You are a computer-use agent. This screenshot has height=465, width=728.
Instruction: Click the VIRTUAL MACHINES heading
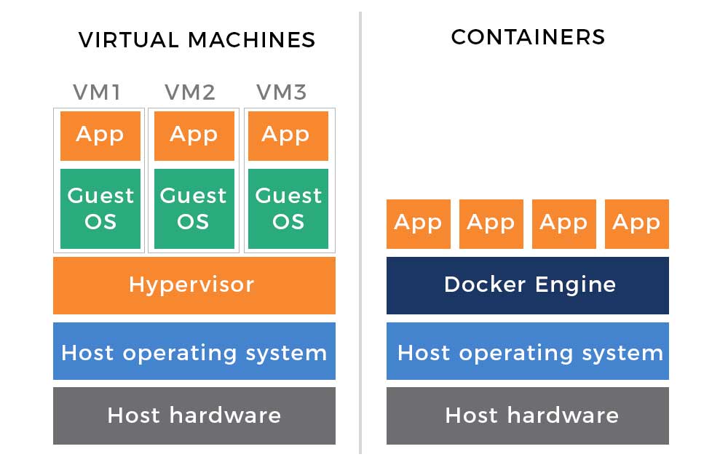pos(197,40)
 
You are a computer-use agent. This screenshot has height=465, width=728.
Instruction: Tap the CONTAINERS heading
pos(528,37)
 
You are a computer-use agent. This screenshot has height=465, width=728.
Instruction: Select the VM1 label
pos(97,92)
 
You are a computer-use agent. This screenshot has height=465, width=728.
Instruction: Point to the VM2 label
pos(190,92)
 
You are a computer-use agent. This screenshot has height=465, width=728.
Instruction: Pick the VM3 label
pos(282,92)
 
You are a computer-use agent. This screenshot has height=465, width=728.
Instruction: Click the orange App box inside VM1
pos(100,136)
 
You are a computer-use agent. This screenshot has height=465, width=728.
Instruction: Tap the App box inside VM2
pos(194,136)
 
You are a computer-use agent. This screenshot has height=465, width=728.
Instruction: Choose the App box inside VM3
pos(288,136)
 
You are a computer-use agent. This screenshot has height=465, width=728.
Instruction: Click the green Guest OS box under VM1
pos(100,209)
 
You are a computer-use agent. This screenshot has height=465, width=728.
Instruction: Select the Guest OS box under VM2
pos(194,209)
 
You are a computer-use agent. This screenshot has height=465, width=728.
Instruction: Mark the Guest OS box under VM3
pos(288,209)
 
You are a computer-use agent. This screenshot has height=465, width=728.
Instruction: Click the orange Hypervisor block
pos(194,285)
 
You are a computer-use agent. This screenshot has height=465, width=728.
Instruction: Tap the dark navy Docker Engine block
pos(528,285)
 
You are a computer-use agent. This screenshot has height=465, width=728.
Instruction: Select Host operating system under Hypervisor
pos(194,351)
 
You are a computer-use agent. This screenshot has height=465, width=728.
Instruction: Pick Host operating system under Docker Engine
pos(528,351)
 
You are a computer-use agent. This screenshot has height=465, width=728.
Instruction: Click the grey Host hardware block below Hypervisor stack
pos(194,416)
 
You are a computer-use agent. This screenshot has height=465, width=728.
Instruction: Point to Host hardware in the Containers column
pos(528,416)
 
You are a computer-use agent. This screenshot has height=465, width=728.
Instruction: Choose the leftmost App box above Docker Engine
pos(419,224)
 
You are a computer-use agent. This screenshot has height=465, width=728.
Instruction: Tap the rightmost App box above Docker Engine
pos(637,224)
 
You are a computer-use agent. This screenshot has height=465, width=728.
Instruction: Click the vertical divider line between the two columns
pos(360,233)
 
